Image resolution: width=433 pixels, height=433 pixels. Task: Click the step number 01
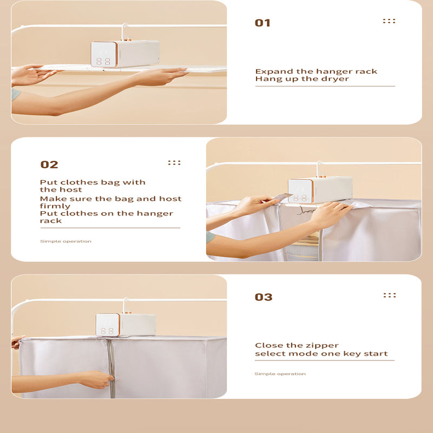[x=263, y=23]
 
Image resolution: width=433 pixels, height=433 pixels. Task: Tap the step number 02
[x=49, y=165]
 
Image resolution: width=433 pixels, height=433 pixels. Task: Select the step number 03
[x=264, y=297]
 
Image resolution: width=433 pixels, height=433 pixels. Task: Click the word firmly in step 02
[x=55, y=206]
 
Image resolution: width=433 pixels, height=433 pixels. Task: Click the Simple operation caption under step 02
[x=65, y=241]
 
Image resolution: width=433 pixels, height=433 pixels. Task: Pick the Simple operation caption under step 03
[x=280, y=374]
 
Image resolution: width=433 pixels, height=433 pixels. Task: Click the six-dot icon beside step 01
[x=389, y=21]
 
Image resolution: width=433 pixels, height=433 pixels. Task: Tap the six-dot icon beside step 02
[x=174, y=163]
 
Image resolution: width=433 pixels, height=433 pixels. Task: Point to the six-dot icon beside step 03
[x=390, y=295]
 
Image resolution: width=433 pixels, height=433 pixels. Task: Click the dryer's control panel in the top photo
[x=104, y=55]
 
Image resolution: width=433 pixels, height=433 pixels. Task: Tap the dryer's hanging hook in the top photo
[x=124, y=31]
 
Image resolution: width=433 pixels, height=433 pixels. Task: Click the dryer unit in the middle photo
[x=320, y=189]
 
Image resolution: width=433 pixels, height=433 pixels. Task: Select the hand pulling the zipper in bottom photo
[x=97, y=379]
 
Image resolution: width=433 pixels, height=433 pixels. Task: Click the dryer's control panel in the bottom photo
[x=108, y=325]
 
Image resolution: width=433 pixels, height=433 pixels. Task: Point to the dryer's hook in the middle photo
[x=320, y=169]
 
